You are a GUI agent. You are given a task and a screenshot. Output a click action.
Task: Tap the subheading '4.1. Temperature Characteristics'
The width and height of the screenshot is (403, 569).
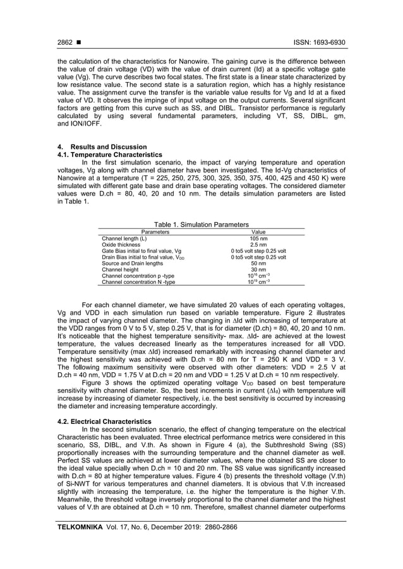point(100,155)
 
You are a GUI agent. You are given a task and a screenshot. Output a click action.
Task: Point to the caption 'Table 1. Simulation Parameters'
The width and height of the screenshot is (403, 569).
point(201,225)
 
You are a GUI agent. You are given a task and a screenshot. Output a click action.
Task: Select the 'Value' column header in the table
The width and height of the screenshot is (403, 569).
point(258,232)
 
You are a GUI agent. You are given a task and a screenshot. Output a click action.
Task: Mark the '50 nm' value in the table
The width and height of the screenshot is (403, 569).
point(258,264)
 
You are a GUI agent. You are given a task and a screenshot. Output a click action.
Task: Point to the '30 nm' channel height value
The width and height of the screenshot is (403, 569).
point(258,270)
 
